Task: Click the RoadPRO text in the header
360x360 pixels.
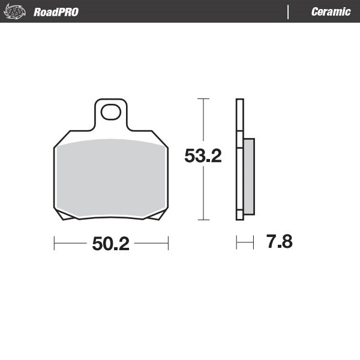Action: (x=56, y=12)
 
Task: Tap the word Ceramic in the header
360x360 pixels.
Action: (x=331, y=12)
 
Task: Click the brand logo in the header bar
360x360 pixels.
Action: (x=16, y=11)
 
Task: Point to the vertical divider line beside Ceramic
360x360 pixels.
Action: (x=289, y=12)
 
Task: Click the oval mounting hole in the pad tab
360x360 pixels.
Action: (x=111, y=112)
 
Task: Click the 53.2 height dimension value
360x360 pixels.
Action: (x=203, y=157)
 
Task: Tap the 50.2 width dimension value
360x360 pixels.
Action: (x=111, y=244)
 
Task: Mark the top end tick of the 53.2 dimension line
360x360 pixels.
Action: (x=203, y=98)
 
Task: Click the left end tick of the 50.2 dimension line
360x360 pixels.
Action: (x=55, y=244)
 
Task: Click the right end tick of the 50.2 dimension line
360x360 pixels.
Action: (x=168, y=244)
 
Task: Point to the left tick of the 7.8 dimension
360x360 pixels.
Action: (x=237, y=243)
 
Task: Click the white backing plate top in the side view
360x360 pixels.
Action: (x=239, y=114)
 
